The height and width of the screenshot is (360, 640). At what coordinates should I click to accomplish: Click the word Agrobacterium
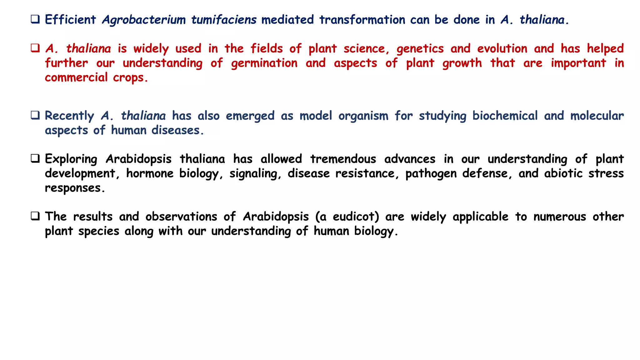[144, 20]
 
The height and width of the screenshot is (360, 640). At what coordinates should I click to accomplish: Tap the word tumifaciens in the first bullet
[224, 20]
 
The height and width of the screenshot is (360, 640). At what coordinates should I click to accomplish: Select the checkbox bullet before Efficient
[35, 20]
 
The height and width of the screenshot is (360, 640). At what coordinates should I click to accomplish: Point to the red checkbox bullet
[35, 48]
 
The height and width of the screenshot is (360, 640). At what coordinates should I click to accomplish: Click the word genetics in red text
[420, 49]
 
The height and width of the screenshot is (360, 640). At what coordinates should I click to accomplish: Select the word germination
[264, 63]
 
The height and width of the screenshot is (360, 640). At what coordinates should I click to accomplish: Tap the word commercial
[76, 77]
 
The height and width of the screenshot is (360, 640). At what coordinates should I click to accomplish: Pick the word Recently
[69, 116]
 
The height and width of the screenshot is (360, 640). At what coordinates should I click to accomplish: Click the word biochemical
[505, 116]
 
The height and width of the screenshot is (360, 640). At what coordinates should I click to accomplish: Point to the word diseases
[177, 130]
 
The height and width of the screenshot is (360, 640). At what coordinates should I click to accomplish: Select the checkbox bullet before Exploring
[35, 159]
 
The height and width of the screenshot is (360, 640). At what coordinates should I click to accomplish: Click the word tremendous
[343, 159]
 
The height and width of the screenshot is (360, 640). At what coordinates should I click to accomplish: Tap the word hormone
[150, 173]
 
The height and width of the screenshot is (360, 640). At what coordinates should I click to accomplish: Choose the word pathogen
[431, 174]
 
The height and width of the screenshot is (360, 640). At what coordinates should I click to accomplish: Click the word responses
[74, 188]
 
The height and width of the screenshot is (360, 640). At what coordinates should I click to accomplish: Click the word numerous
[559, 217]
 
